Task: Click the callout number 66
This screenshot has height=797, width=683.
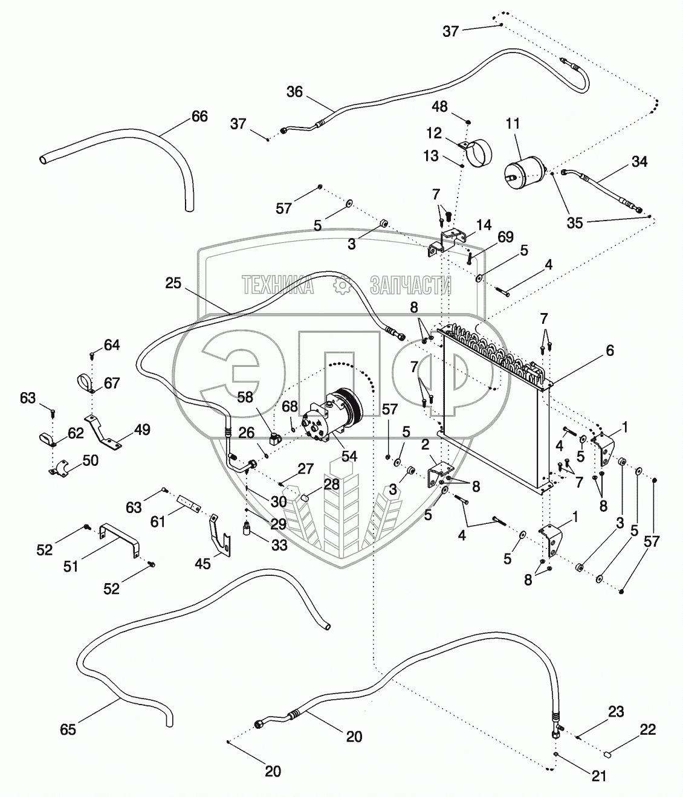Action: click(x=199, y=117)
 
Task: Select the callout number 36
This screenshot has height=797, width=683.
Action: click(x=295, y=92)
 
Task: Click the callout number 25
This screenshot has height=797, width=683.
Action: click(x=173, y=283)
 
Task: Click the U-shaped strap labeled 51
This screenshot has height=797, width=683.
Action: click(x=120, y=537)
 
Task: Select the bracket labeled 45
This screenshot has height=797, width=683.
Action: click(x=220, y=534)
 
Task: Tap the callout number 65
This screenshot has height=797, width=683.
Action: click(x=68, y=729)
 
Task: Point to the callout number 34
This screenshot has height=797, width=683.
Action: click(x=639, y=161)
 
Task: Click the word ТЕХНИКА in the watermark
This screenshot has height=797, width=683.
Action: click(x=277, y=285)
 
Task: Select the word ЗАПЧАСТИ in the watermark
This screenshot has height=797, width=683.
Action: click(x=410, y=285)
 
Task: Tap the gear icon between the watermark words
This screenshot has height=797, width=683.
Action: click(x=341, y=286)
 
